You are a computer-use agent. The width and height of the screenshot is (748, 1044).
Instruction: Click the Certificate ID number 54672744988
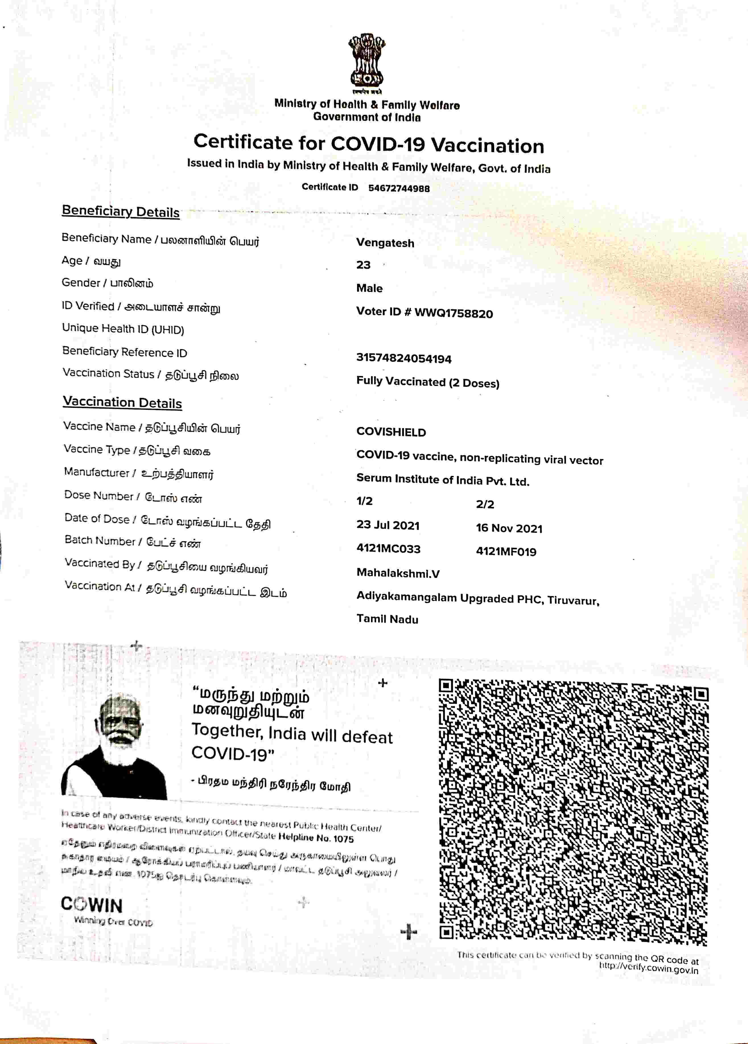pos(399,188)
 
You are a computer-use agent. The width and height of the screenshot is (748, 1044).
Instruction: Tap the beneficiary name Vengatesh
pos(385,243)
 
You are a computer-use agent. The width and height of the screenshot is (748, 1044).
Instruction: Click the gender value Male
pos(369,288)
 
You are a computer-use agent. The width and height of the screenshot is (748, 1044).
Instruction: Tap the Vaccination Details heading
pos(122,402)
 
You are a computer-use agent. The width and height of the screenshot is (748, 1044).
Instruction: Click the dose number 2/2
pos(485,504)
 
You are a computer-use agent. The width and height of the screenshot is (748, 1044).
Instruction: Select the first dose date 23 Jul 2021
pos(388,525)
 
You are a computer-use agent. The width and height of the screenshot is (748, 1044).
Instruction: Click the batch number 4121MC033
pos(388,549)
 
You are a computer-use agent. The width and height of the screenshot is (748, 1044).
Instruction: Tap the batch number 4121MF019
pos(506,552)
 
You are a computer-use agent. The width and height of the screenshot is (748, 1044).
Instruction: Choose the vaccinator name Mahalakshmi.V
pos(398,573)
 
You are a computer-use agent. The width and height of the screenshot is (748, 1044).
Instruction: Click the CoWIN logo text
pos(92,905)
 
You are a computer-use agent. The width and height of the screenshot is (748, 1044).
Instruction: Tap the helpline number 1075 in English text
pos(343,839)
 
